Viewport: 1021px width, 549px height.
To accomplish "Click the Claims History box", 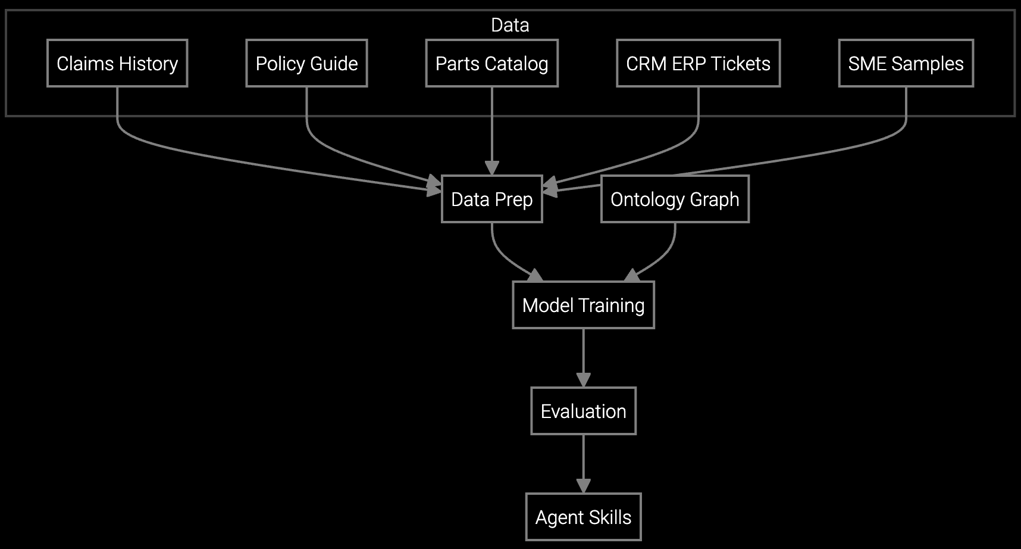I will pos(117,63).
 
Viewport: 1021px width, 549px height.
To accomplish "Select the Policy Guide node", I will pos(306,63).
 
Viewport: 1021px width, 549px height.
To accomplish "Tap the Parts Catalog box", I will pos(491,63).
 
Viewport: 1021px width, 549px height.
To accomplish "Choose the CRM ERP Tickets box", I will pos(698,63).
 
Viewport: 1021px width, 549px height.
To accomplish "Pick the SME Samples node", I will pos(906,63).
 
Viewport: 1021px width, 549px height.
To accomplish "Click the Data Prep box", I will pos(491,199).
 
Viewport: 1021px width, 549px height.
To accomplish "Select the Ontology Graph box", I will pos(675,199).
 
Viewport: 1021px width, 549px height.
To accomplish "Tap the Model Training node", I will pos(583,305).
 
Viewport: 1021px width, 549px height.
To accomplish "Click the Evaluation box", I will pos(583,411).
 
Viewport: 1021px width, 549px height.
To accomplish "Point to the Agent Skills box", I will pos(583,517).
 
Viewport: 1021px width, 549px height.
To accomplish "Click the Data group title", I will pos(510,25).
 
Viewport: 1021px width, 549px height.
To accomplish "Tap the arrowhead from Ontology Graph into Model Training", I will pos(632,275).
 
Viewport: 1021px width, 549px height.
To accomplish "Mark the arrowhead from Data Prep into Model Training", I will pos(535,275).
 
